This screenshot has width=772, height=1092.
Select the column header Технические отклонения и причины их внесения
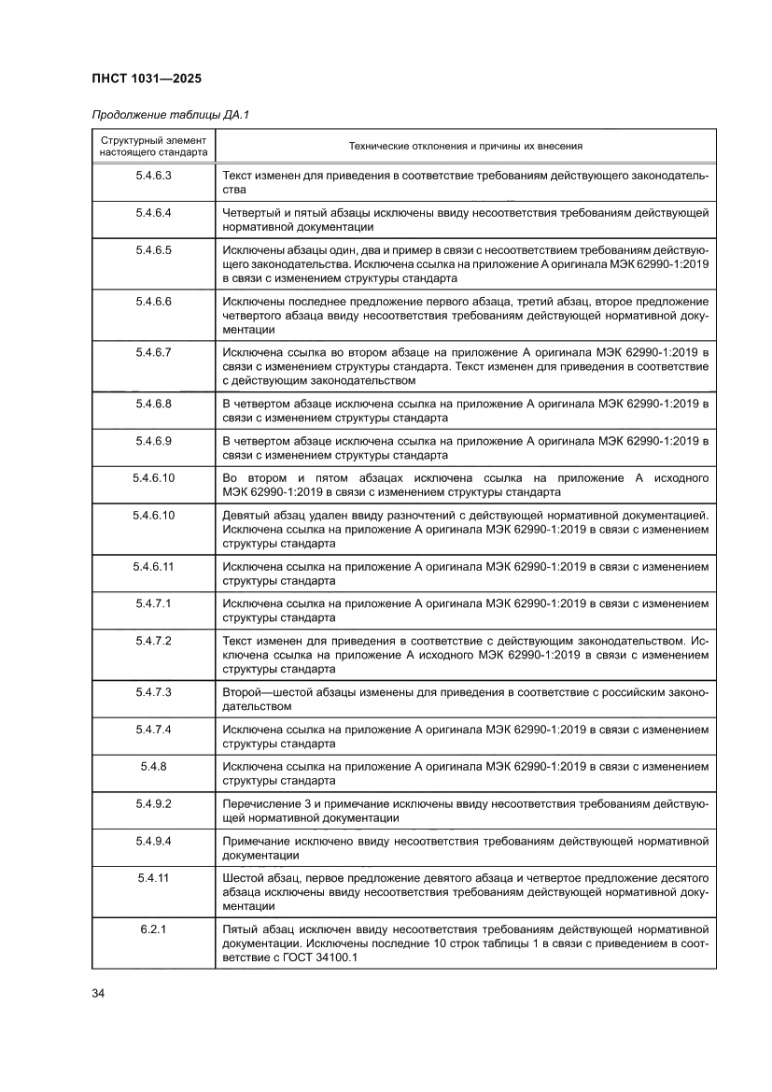465,147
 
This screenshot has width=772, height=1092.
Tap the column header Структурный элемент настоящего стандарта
153,147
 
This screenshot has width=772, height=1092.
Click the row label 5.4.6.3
153,176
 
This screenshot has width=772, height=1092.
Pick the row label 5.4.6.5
153,250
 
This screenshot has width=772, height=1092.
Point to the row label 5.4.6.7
153,352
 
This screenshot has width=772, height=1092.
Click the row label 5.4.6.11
153,566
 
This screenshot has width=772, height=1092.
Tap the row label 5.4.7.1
153,603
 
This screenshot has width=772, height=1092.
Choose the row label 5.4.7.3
153,692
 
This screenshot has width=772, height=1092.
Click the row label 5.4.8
153,766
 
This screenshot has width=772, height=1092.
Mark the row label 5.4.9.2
153,803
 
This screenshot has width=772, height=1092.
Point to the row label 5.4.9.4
153,841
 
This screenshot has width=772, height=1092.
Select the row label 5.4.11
153,878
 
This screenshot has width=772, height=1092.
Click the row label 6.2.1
153,929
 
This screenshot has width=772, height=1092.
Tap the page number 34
98,992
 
